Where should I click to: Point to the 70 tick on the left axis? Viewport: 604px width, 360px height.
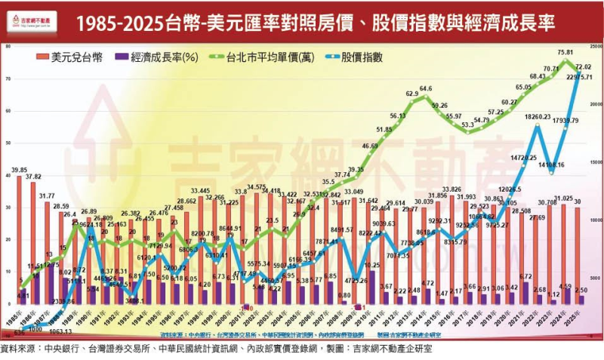(8, 79)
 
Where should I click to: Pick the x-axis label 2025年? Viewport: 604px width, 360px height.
(578, 318)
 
